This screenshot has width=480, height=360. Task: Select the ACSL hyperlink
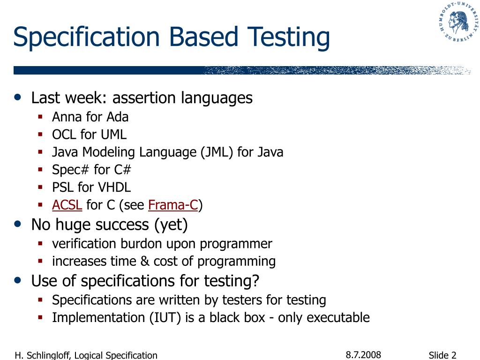coord(67,205)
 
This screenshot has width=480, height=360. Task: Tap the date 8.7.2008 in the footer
coord(363,355)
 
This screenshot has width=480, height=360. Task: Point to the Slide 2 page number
coord(442,355)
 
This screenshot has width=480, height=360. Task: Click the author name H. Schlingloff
coord(43,355)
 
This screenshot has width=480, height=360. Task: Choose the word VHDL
coord(114,187)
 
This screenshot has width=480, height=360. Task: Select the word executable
coord(338,317)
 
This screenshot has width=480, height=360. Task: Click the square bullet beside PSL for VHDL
coord(41,187)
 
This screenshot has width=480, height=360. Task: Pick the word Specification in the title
coord(86,38)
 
